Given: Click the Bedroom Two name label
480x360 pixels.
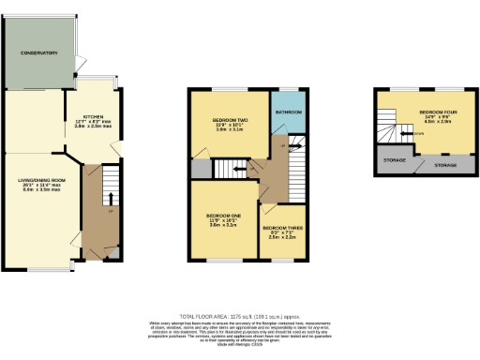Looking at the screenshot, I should tap(229, 121).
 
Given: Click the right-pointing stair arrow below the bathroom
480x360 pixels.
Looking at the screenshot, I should tap(294, 145).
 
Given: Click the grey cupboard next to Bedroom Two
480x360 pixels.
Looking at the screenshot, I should tap(202, 169).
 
